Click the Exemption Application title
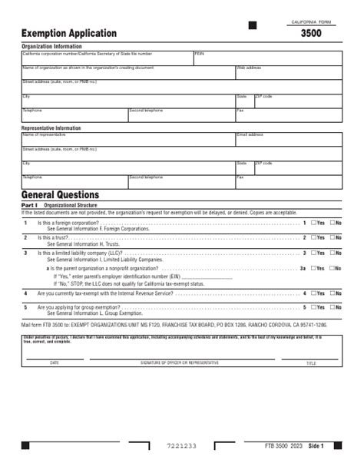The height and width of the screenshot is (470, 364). pos(69,34)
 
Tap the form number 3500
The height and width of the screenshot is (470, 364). pos(311,34)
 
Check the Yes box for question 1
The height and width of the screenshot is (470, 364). pos(313,223)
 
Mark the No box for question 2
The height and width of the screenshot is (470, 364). pos(333,238)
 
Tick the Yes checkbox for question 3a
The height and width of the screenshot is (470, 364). pos(313,269)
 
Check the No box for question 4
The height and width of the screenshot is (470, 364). pos(333,293)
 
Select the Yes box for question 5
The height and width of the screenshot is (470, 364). pos(313,308)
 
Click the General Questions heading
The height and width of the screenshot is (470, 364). pos(60,196)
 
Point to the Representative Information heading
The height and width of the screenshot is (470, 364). pos(51,128)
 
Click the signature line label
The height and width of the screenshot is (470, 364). pos(179,362)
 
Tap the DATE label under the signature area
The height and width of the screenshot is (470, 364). pos(54,362)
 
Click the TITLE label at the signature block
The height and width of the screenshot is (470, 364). pos(311,362)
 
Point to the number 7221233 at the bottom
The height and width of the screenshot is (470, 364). pos(182,446)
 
